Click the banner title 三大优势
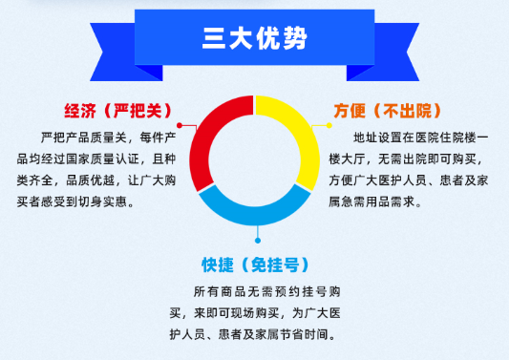click(254, 38)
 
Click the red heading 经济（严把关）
click(117, 111)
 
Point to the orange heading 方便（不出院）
click(388, 111)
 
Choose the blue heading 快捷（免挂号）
click(255, 265)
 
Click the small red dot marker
click(180, 125)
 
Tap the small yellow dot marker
click(329, 125)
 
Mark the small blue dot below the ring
click(258, 241)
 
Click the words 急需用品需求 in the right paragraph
click(378, 202)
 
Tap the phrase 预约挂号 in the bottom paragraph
click(301, 291)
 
